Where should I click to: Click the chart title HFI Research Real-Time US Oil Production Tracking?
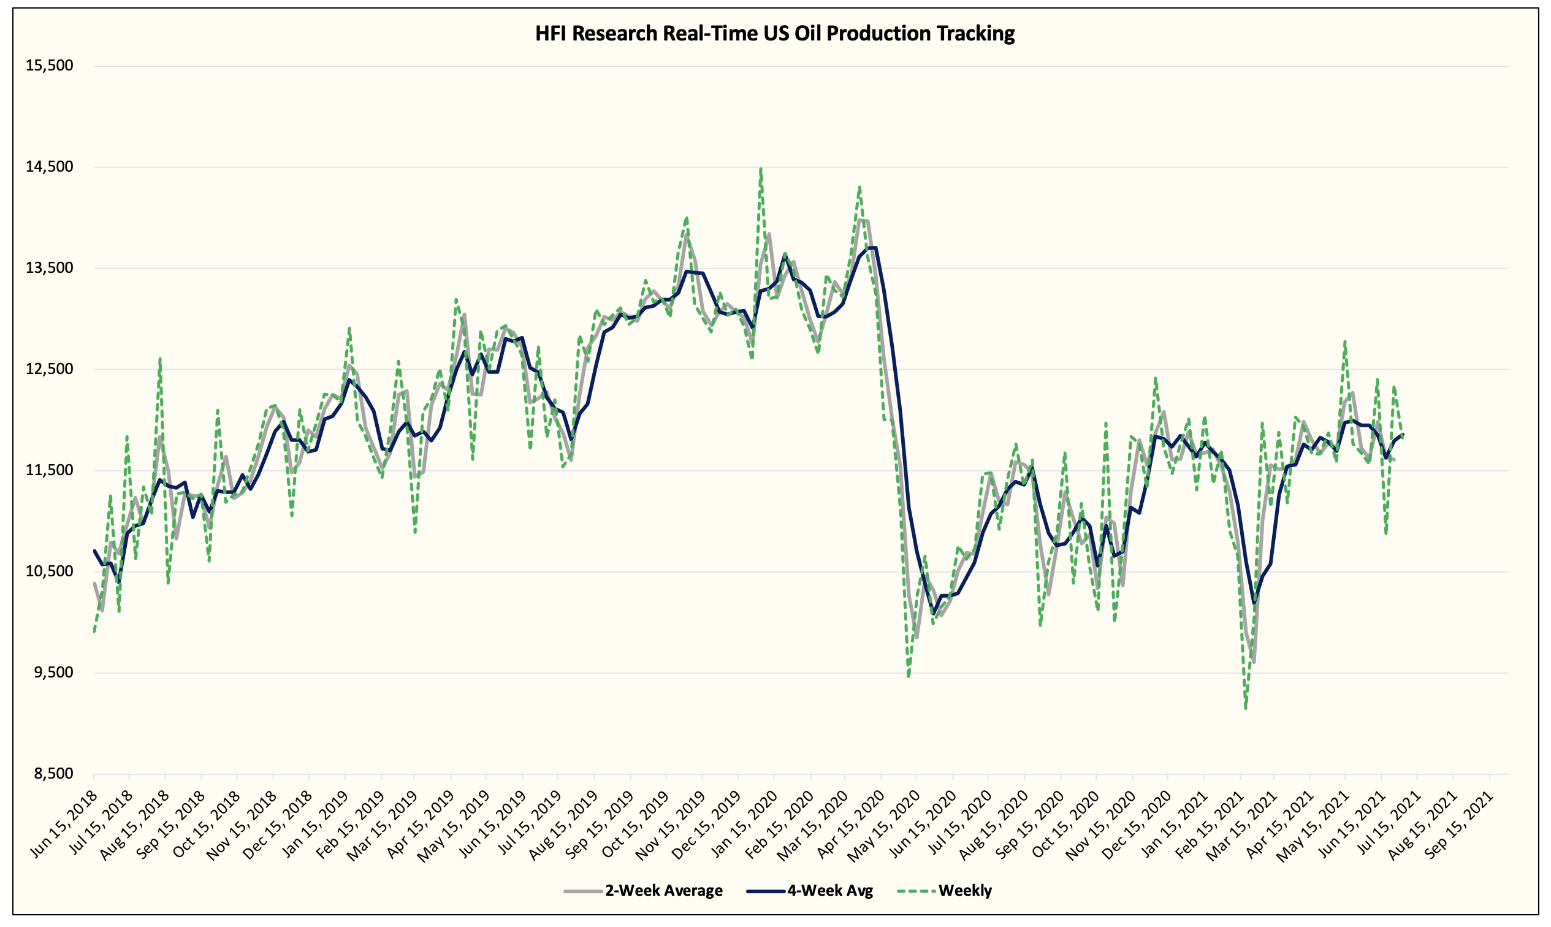click(774, 33)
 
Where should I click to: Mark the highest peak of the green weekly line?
click(760, 169)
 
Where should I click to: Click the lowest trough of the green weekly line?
click(1246, 708)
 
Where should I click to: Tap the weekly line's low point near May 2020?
click(909, 676)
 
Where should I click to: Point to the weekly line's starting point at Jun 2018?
click(94, 632)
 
